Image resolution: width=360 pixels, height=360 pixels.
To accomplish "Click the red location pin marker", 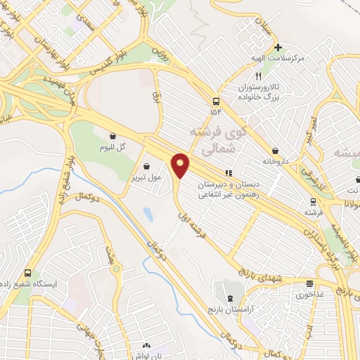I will pyautogui.click(x=181, y=166).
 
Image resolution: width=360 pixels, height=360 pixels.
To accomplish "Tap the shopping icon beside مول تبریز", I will pyautogui.click(x=146, y=167).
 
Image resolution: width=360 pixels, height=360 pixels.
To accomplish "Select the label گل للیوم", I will pyautogui.click(x=112, y=147).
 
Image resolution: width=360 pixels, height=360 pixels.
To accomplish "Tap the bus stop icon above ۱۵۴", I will pyautogui.click(x=214, y=101).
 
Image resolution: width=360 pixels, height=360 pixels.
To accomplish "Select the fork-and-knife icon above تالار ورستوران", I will pyautogui.click(x=259, y=75).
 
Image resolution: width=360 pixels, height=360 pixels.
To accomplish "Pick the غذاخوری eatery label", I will pyautogui.click(x=310, y=295).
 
